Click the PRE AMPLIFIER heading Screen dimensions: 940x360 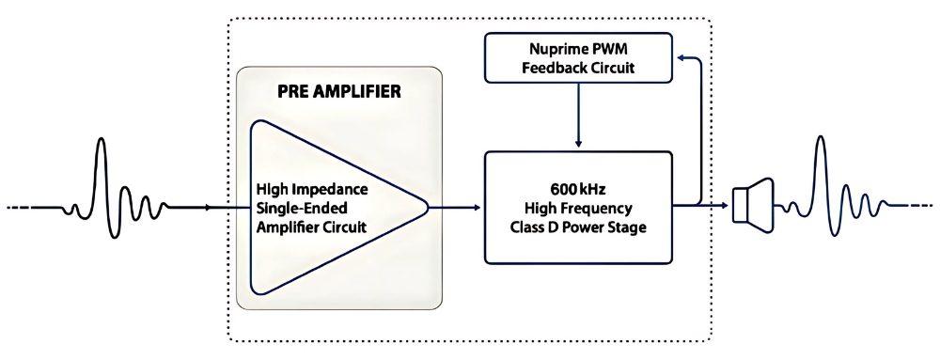[339, 92]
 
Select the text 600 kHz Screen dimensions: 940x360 [578, 190]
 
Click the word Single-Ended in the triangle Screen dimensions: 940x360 [296, 209]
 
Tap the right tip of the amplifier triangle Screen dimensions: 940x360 [428, 207]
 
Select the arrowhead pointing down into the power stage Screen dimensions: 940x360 [578, 144]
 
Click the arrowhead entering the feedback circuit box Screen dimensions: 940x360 [681, 57]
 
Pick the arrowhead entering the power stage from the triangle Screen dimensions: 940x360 [478, 207]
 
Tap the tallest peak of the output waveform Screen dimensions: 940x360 [820, 139]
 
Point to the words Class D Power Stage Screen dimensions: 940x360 [578, 228]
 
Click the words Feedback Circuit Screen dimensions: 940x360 [578, 68]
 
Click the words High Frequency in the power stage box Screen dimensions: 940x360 [578, 209]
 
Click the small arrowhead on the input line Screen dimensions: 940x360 [208, 207]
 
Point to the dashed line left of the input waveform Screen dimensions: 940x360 [34, 207]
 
